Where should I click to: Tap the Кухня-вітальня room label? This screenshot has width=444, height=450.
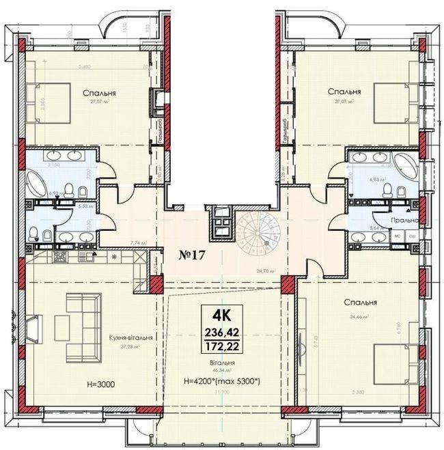pyautogui.click(x=130, y=337)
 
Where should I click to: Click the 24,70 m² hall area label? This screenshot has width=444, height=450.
pyautogui.click(x=265, y=271)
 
